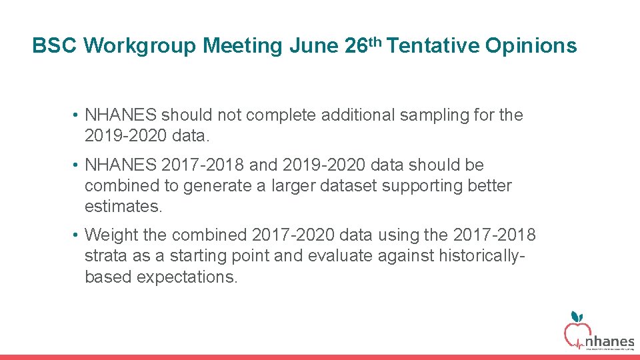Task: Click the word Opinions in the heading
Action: pyautogui.click(x=531, y=46)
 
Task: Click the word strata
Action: pyautogui.click(x=107, y=256)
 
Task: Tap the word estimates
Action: pyautogui.click(x=123, y=207)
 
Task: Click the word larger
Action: pyautogui.click(x=293, y=186)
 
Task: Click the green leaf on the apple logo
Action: pyautogui.click(x=574, y=317)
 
